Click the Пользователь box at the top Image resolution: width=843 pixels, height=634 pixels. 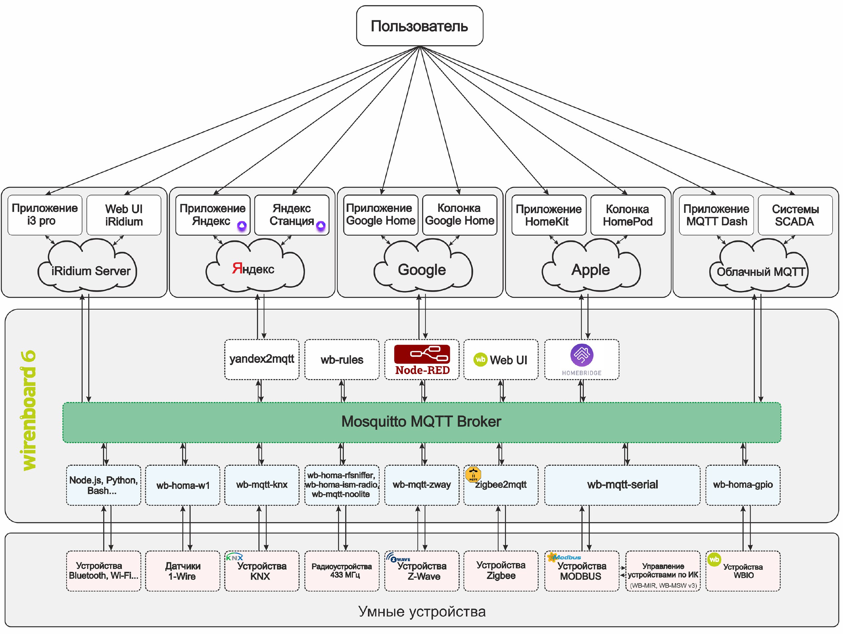pyautogui.click(x=420, y=26)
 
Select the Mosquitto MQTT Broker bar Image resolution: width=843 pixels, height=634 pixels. pyautogui.click(x=421, y=422)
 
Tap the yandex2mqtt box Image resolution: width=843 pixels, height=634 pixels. pyautogui.click(x=262, y=360)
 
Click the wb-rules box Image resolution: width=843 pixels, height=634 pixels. pyautogui.click(x=342, y=360)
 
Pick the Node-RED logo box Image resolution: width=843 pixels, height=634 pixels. pyautogui.click(x=422, y=360)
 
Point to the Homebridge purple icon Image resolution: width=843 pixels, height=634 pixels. pyautogui.click(x=582, y=355)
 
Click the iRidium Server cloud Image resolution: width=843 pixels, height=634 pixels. pyautogui.click(x=87, y=266)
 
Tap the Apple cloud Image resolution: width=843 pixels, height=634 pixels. pyautogui.click(x=591, y=266)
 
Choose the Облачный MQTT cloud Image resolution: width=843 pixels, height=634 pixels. pyautogui.click(x=759, y=266)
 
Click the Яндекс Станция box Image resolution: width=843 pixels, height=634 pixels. pyautogui.click(x=291, y=215)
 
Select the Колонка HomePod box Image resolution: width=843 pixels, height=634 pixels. pyautogui.click(x=628, y=215)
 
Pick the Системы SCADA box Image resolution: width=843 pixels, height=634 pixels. pyautogui.click(x=795, y=215)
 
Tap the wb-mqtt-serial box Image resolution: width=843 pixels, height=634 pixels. pyautogui.click(x=622, y=485)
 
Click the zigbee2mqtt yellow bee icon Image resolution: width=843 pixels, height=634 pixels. pyautogui.click(x=473, y=474)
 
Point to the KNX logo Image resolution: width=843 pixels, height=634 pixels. pyautogui.click(x=234, y=557)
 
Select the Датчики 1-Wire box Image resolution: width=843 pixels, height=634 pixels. pyautogui.click(x=182, y=571)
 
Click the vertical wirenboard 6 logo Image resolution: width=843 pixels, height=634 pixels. pyautogui.click(x=29, y=410)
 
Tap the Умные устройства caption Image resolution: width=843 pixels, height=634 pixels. pyautogui.click(x=422, y=612)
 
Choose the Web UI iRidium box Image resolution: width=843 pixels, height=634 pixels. pyautogui.click(x=124, y=215)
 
